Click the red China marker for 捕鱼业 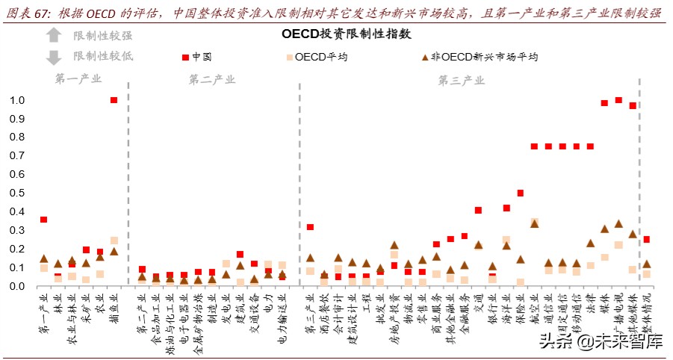[x=114, y=100]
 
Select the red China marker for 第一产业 [x=44, y=220]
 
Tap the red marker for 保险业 [x=521, y=193]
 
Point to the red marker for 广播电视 [x=618, y=100]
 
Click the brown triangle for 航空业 [x=534, y=223]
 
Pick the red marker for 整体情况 [x=647, y=240]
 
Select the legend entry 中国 [x=196, y=57]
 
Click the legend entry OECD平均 [x=317, y=57]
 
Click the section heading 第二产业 [x=211, y=79]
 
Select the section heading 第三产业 [x=461, y=79]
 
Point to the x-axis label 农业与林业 [x=72, y=317]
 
